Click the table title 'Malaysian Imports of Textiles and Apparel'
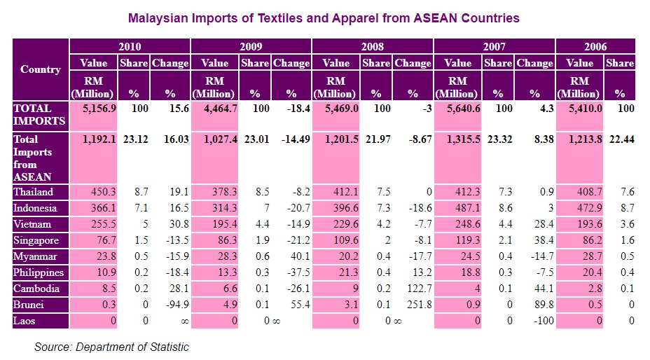[x=324, y=17]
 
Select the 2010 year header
[x=130, y=47]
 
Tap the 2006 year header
[x=595, y=47]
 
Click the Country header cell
[x=41, y=69]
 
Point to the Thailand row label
[x=34, y=192]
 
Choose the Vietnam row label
[x=32, y=224]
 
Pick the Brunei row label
[x=29, y=305]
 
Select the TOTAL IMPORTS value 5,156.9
[x=99, y=109]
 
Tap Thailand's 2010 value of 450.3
[x=102, y=192]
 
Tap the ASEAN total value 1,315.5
[x=462, y=139]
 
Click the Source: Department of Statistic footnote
[x=111, y=347]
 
